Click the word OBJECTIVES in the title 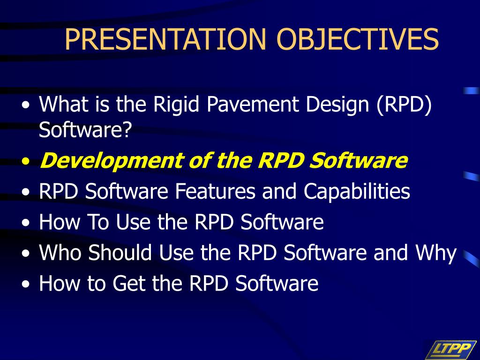tap(358, 39)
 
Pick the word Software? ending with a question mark tap(85, 130)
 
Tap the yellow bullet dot tap(26, 161)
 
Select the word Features tap(215, 191)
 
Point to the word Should tap(120, 253)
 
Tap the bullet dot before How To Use tap(26, 223)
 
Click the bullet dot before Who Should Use tap(26, 254)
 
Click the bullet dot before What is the tap(26, 105)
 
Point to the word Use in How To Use tap(133, 222)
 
